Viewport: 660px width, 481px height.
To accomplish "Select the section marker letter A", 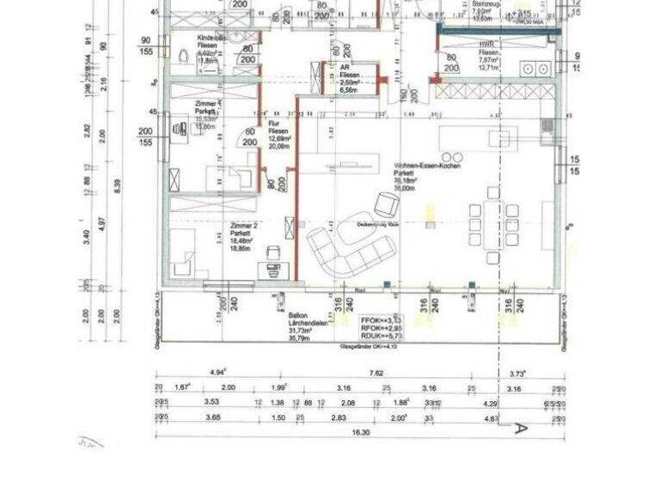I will pyautogui.click(x=518, y=427).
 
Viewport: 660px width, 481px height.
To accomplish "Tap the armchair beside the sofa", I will pyautogui.click(x=386, y=204).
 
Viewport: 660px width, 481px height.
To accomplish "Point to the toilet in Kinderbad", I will pyautogui.click(x=182, y=56).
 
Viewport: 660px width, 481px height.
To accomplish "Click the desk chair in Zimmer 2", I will pyautogui.click(x=273, y=252).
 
